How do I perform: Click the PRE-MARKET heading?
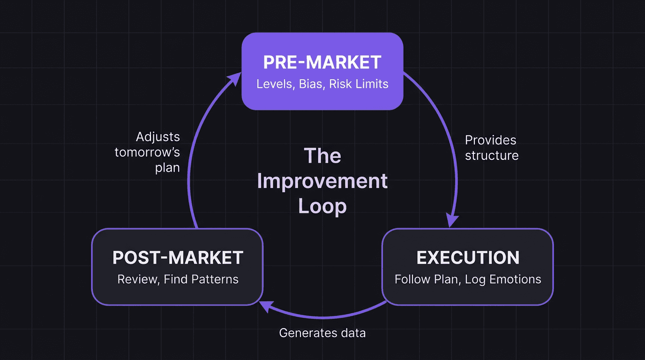(322, 62)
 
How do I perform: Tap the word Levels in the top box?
(275, 84)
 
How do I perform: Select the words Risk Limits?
(359, 84)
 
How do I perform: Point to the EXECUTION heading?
(468, 258)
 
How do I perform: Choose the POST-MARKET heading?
(178, 258)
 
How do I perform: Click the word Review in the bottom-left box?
(137, 279)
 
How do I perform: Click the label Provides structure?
(491, 148)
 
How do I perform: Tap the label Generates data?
(322, 333)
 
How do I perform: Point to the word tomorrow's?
(147, 153)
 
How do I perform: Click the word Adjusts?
(158, 137)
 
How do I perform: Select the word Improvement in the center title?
(322, 181)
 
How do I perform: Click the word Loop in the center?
(322, 206)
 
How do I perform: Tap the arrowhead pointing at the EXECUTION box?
(451, 220)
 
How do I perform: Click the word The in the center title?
(322, 156)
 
